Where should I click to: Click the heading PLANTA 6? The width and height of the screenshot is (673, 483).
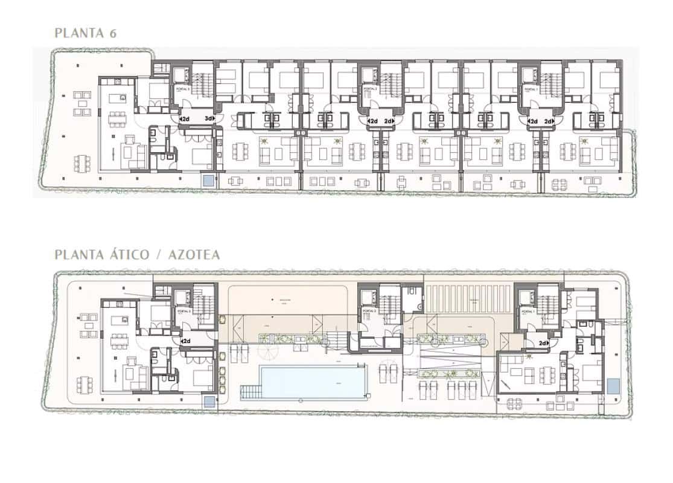[x=85, y=33]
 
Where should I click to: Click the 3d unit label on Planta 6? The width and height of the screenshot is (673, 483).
[x=209, y=119]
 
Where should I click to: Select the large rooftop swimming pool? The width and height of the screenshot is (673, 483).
[x=313, y=382]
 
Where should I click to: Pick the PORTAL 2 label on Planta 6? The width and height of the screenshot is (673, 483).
[x=369, y=89]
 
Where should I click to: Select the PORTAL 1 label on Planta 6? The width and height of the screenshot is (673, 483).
[x=531, y=89]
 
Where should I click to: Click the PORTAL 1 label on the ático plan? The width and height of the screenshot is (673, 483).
[x=529, y=312]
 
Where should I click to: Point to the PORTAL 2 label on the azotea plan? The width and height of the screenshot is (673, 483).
[x=369, y=312]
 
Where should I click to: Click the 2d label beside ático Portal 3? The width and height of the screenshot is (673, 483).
[x=185, y=341]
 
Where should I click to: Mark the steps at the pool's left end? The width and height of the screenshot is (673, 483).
[x=249, y=392]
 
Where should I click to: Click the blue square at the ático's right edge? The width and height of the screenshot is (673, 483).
[x=614, y=385]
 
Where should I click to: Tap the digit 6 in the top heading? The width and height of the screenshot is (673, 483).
[x=112, y=33]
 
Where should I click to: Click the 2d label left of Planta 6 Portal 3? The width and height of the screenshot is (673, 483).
[x=185, y=119]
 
